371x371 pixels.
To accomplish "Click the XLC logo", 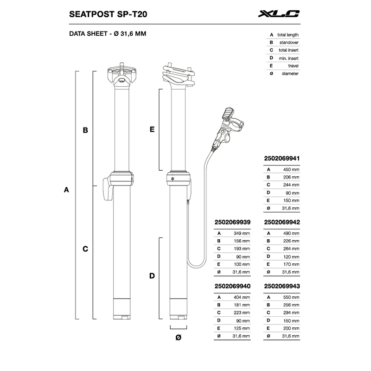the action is [279, 14].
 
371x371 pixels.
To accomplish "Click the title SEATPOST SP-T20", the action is [108, 14].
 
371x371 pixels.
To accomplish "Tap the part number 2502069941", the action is [282, 158].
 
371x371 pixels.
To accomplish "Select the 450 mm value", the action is [291, 169].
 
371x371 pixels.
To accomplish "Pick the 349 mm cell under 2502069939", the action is [242, 233].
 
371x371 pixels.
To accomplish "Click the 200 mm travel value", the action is [291, 328].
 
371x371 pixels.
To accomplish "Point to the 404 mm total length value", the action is [242, 297].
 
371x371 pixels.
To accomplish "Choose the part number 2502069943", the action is [282, 286].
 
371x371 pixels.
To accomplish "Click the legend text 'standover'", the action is [289, 43].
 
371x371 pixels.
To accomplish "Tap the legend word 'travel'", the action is [293, 66].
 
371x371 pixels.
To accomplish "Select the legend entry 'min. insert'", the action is [288, 58].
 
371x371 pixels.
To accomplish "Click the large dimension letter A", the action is [66, 190].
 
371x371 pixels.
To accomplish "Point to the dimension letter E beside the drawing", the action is [152, 129].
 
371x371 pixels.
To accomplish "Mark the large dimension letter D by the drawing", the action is [152, 276].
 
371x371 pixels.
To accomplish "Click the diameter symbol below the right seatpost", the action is [179, 338].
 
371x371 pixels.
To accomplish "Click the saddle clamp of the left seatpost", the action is [122, 75].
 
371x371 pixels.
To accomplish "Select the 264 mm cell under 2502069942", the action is [291, 249].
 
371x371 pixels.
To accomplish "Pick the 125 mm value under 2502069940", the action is [242, 328].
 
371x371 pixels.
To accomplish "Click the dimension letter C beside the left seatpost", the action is [85, 249].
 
